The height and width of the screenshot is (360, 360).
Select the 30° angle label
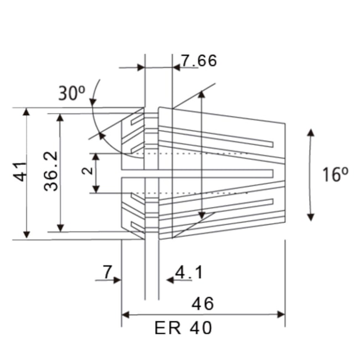(x=71, y=92)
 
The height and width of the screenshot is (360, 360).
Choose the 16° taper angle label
(x=336, y=174)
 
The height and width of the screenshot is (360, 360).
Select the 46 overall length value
(x=202, y=304)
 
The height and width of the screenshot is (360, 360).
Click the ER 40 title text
(x=183, y=328)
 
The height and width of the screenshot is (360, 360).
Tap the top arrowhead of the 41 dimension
(x=26, y=112)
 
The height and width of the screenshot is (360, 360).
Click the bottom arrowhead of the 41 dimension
(x=26, y=235)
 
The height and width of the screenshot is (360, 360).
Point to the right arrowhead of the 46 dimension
(x=281, y=315)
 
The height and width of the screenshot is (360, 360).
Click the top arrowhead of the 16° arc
(x=311, y=133)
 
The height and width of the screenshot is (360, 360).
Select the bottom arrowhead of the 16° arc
(x=311, y=217)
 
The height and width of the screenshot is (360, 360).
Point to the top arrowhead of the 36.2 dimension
(x=60, y=118)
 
